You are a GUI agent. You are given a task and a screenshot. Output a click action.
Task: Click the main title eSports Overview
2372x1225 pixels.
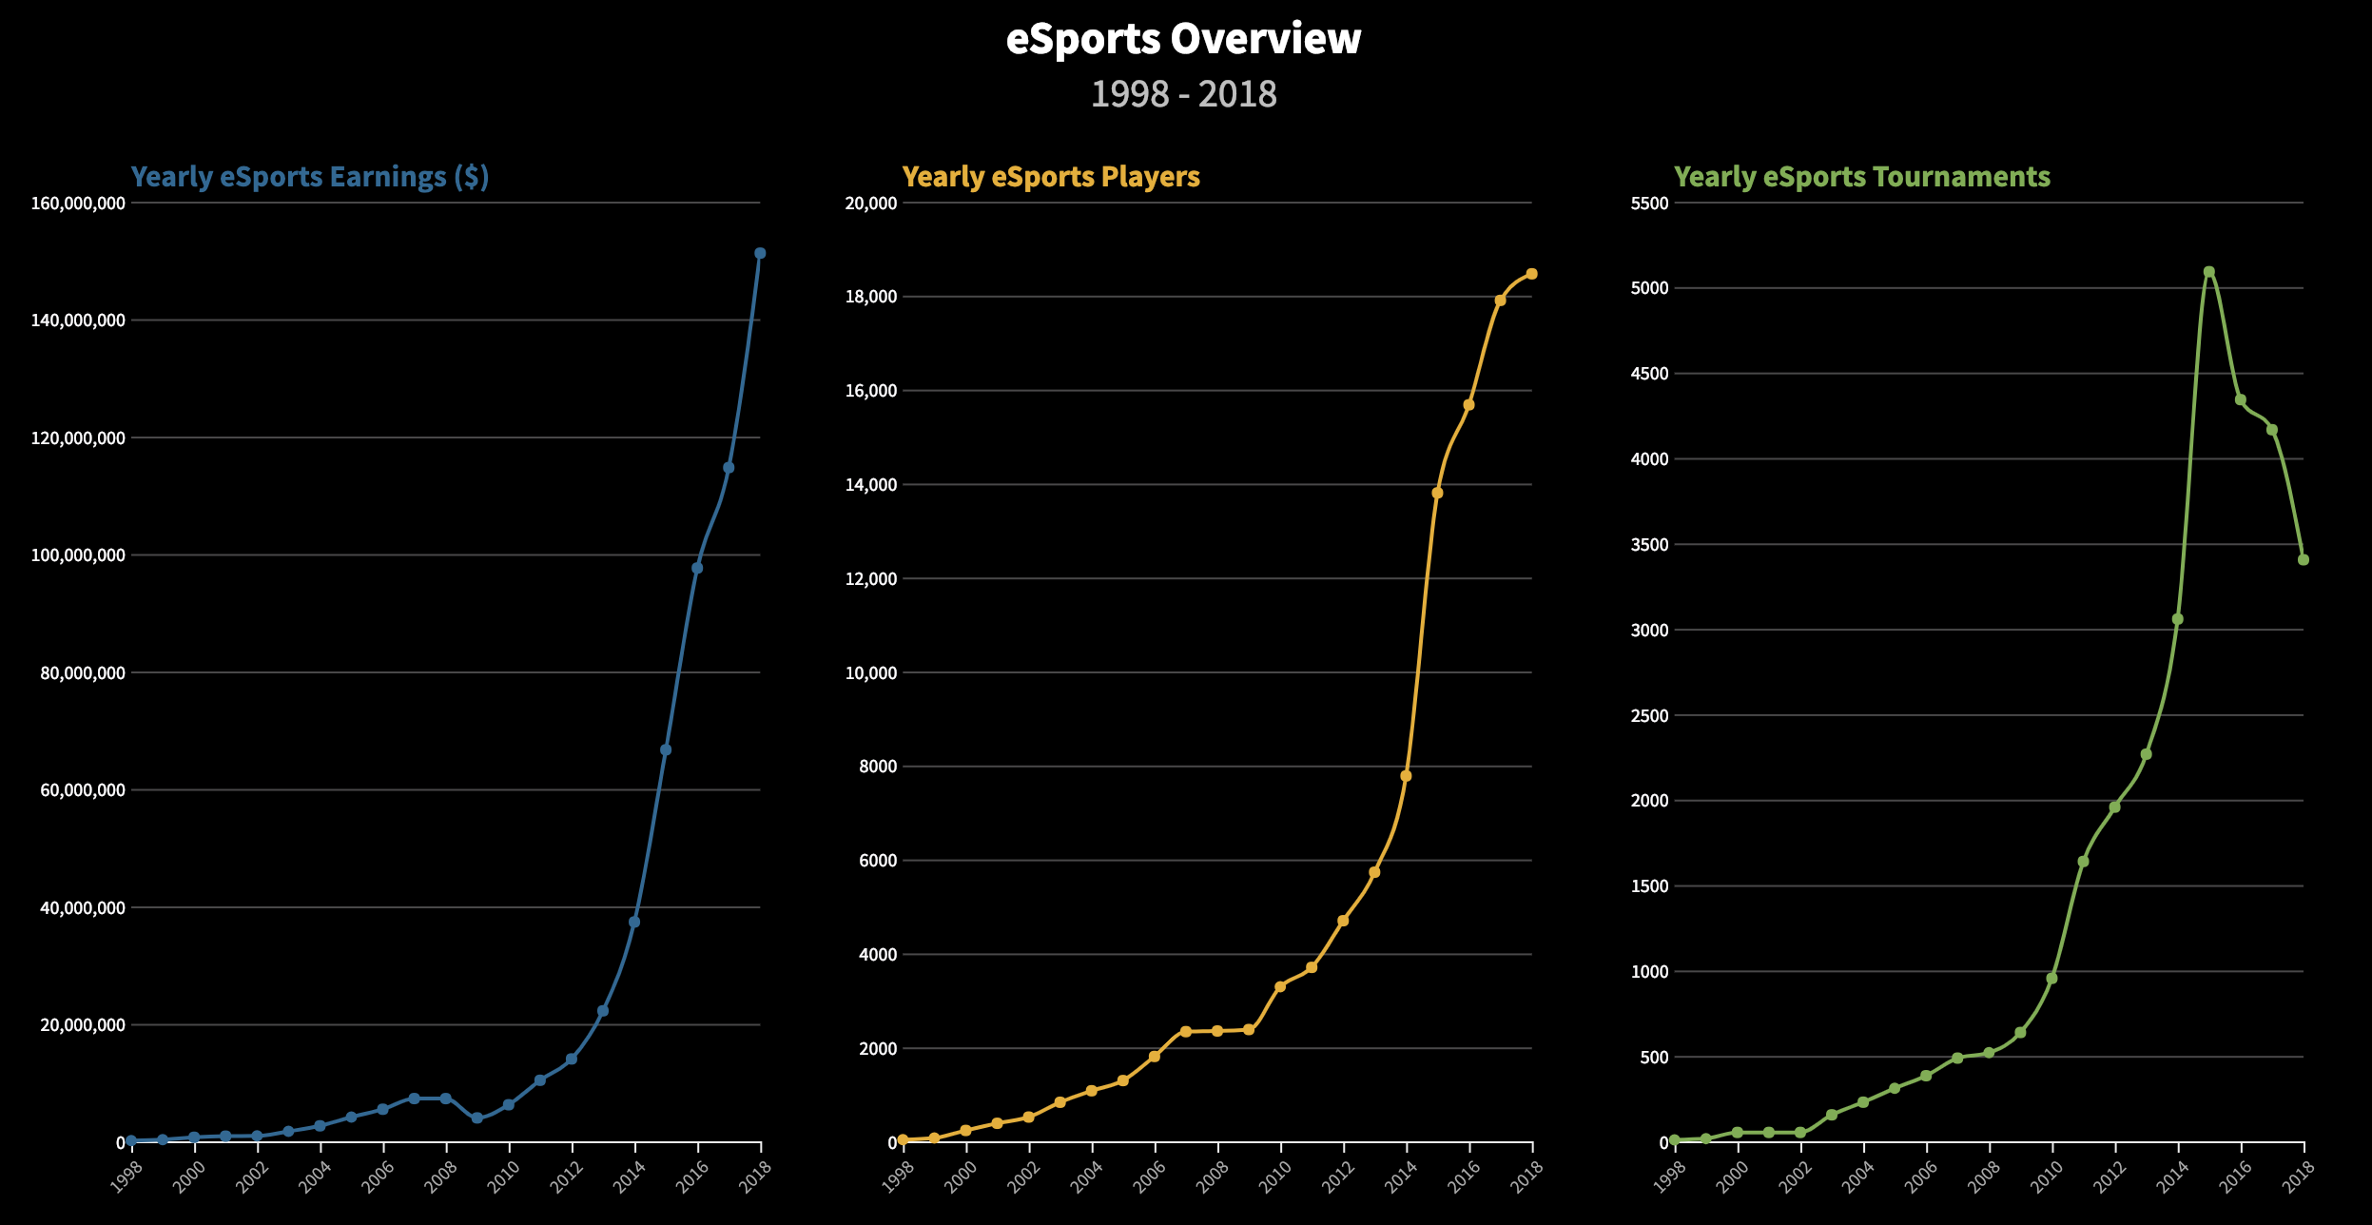tap(1183, 40)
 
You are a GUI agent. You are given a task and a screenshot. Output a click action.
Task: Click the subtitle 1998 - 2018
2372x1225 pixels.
tap(1183, 94)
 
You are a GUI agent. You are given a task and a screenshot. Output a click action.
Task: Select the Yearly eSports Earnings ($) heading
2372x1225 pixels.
tap(310, 177)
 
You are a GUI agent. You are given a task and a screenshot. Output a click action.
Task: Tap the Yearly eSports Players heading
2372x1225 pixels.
tap(1051, 177)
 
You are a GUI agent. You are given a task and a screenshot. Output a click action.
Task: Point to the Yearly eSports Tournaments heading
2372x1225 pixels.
tap(1861, 177)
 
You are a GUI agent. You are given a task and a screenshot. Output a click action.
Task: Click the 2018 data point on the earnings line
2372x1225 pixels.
tap(760, 253)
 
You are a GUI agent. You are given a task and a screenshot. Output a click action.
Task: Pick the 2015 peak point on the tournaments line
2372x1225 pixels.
tap(2209, 272)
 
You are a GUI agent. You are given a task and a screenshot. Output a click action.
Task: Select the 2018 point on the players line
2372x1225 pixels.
tap(1531, 274)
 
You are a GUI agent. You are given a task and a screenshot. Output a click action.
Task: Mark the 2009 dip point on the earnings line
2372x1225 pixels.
tap(476, 1118)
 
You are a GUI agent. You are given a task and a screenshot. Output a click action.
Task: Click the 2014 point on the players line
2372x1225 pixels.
tap(1406, 776)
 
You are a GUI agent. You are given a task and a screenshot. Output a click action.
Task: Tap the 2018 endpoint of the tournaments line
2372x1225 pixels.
tap(2304, 560)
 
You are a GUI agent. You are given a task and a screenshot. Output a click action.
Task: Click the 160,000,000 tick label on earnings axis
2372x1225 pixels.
tap(78, 204)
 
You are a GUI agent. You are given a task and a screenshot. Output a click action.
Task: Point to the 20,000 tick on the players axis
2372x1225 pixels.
tap(871, 204)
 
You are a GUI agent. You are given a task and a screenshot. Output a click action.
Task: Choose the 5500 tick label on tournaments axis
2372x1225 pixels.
tap(1650, 204)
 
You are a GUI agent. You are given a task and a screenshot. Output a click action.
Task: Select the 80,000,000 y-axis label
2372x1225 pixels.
tap(83, 673)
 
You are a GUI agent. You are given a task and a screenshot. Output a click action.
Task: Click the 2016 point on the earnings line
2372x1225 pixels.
tap(697, 568)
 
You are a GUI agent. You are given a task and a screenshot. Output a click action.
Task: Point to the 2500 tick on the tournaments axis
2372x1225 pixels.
tap(1650, 716)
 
